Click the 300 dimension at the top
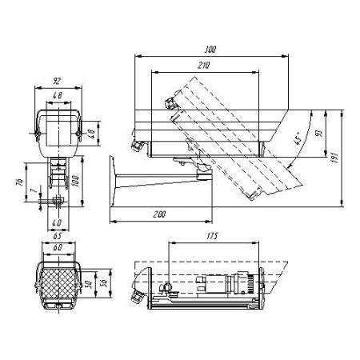211,49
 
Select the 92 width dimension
56,80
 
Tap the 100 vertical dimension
78,182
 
